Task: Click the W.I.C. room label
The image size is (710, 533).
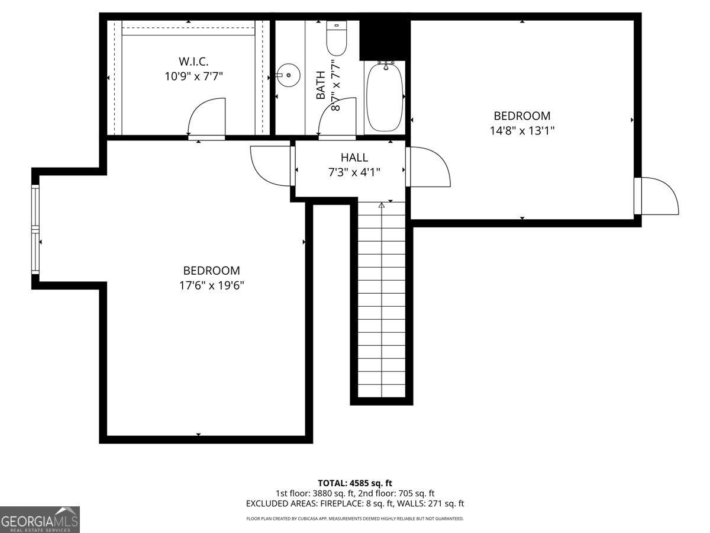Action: [193, 61]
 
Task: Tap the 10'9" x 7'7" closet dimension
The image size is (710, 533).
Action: [193, 76]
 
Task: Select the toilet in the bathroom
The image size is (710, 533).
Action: [337, 38]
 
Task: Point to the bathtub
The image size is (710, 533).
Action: [385, 97]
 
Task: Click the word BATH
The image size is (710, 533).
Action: [321, 85]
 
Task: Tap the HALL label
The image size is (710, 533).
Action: [354, 158]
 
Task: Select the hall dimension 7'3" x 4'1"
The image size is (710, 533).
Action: [354, 172]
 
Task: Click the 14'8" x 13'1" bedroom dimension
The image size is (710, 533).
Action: [522, 131]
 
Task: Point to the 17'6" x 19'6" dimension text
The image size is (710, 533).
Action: [212, 285]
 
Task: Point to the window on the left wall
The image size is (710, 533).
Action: [35, 229]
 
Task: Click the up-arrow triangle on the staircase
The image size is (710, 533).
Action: [382, 205]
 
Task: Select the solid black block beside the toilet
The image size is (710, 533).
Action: [385, 40]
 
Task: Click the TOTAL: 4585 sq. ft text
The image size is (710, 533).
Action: [355, 483]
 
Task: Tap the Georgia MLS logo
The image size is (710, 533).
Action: [40, 520]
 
